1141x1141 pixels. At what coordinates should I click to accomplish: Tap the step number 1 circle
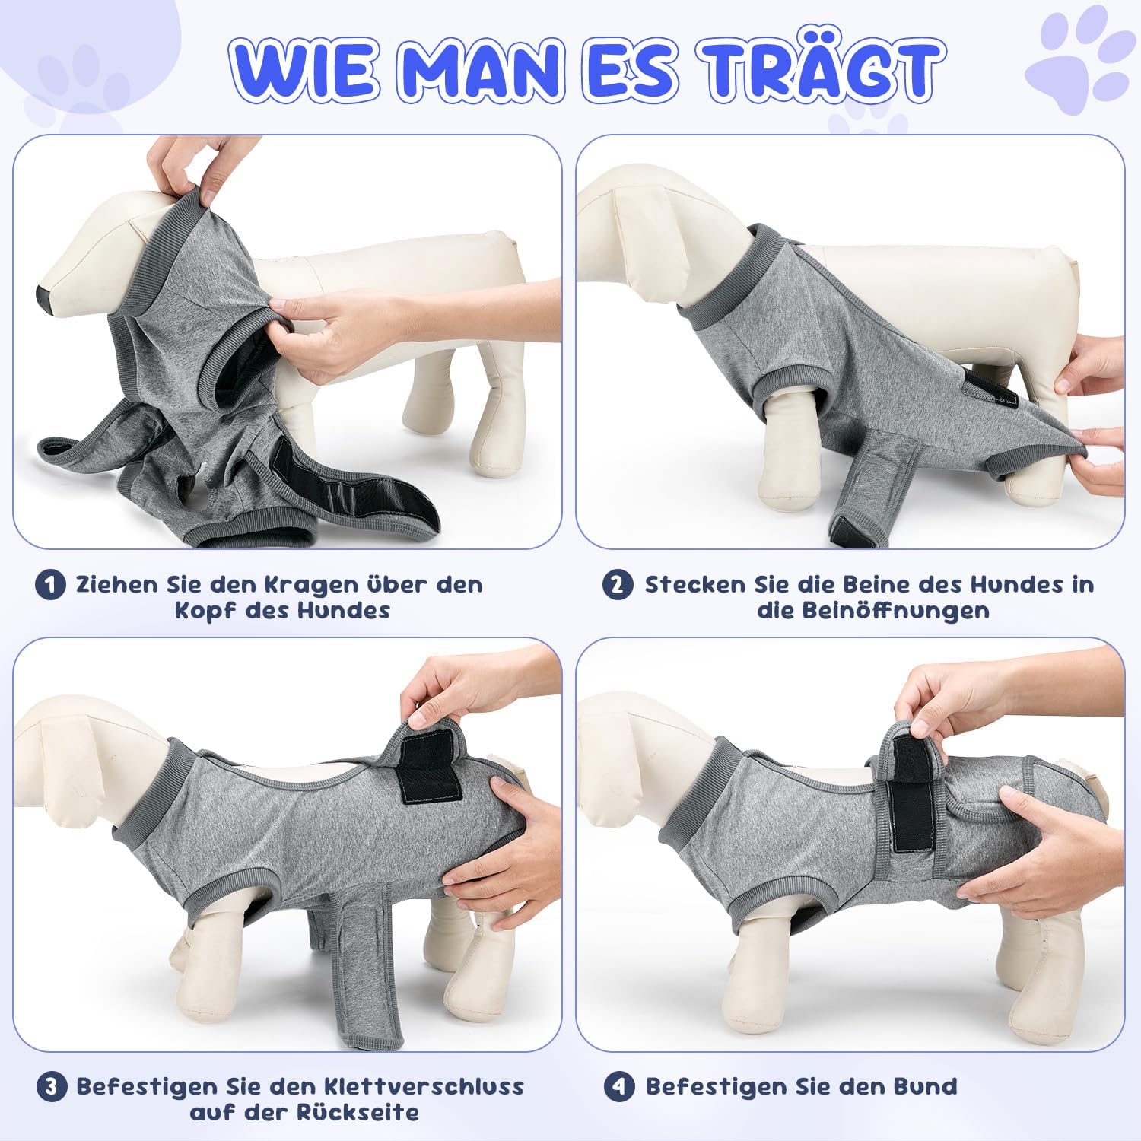point(50,585)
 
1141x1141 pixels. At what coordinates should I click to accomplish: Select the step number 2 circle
point(618,585)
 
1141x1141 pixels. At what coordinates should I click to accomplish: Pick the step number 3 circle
point(51,1087)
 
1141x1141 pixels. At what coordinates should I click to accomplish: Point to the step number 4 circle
point(619,1087)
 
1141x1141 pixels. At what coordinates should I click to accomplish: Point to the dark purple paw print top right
point(1078,60)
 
